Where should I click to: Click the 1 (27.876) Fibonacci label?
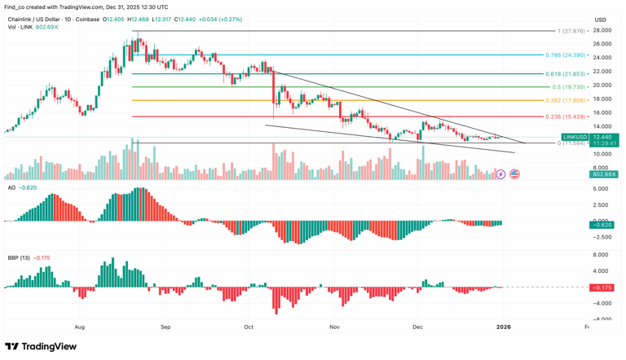(571, 31)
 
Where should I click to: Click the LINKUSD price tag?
(575, 137)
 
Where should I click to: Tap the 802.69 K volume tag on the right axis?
(605, 174)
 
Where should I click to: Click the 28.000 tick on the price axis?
(602, 30)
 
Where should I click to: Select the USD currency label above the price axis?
(600, 20)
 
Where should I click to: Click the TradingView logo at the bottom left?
(41, 346)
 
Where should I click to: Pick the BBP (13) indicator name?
(19, 258)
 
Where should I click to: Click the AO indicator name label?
(11, 187)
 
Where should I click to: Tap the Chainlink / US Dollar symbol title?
(42, 20)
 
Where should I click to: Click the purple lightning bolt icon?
(501, 174)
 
